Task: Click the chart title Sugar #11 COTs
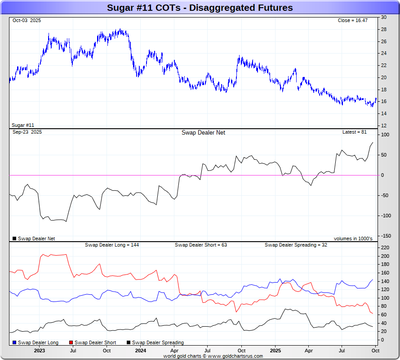tap(200, 8)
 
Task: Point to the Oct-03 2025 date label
tap(27, 21)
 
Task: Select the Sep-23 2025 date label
tap(27, 132)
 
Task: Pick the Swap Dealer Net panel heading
tap(203, 133)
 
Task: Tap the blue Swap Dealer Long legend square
tap(15, 342)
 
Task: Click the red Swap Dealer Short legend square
tap(71, 342)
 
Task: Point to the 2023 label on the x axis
tap(39, 351)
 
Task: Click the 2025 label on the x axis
tap(275, 351)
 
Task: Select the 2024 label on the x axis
tap(141, 351)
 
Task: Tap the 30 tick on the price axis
tap(384, 18)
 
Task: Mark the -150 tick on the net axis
tap(385, 236)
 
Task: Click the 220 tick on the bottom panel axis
tap(385, 248)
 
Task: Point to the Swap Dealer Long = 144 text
tap(112, 245)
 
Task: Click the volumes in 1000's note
tap(353, 238)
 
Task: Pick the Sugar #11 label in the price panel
tap(22, 125)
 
